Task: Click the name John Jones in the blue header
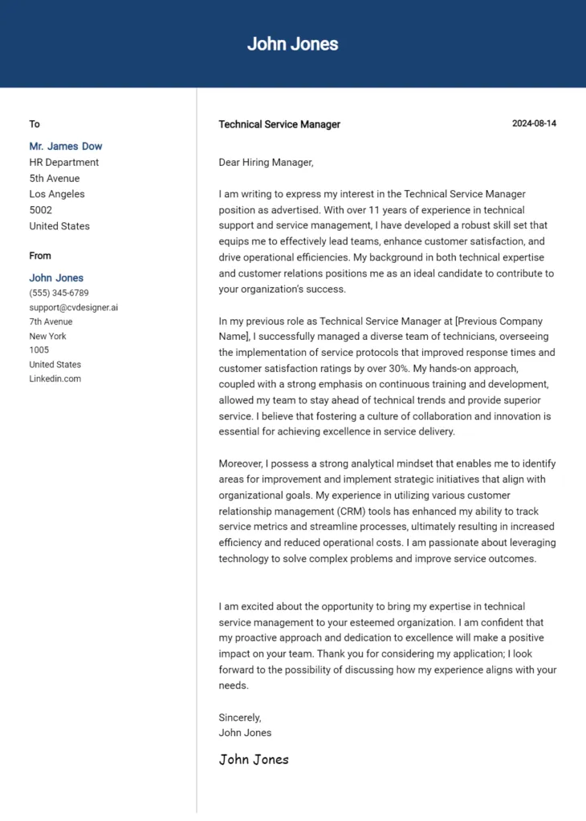pyautogui.click(x=292, y=44)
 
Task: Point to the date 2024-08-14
pyautogui.click(x=534, y=123)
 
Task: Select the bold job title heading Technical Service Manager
pyautogui.click(x=279, y=124)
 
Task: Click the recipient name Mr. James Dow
pyautogui.click(x=66, y=146)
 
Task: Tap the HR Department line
pyautogui.click(x=64, y=162)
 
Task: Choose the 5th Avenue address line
pyautogui.click(x=55, y=178)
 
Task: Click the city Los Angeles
pyautogui.click(x=57, y=194)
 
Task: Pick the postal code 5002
pyautogui.click(x=41, y=210)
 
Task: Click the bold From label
pyautogui.click(x=40, y=256)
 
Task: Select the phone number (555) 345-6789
pyautogui.click(x=59, y=293)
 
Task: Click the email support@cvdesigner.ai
pyautogui.click(x=74, y=307)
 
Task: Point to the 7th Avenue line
pyautogui.click(x=51, y=322)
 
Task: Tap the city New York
pyautogui.click(x=48, y=336)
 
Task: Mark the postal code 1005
pyautogui.click(x=39, y=350)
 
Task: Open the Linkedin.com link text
pyautogui.click(x=55, y=378)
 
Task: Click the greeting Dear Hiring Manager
pyautogui.click(x=266, y=162)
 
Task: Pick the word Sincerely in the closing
pyautogui.click(x=239, y=718)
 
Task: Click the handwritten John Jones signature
pyautogui.click(x=254, y=759)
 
